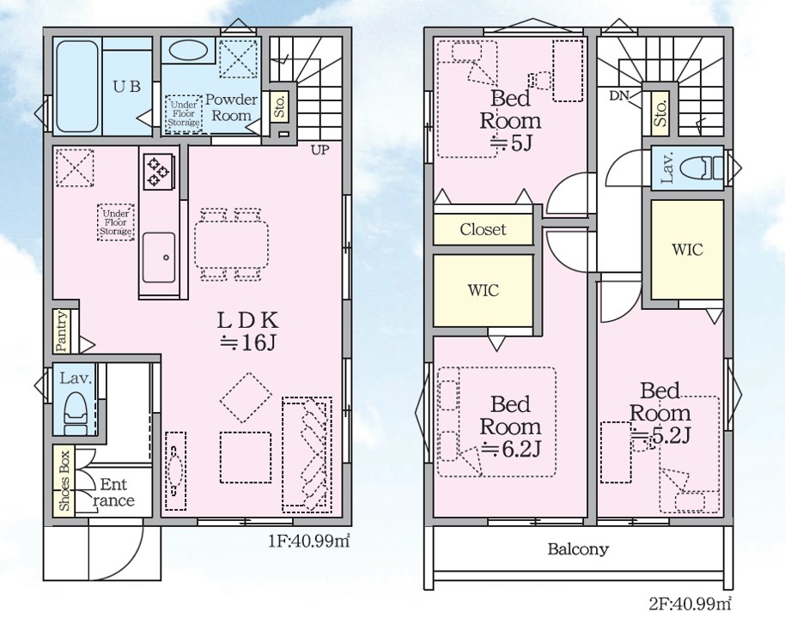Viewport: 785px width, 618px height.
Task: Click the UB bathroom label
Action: click(x=126, y=87)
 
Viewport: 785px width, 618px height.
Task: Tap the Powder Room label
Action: click(x=231, y=107)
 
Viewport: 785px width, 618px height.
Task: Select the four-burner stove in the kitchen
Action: click(x=159, y=173)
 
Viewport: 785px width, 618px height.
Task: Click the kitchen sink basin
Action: click(x=159, y=257)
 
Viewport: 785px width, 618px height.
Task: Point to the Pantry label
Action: click(x=62, y=330)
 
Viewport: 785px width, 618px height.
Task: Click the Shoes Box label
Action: click(x=64, y=481)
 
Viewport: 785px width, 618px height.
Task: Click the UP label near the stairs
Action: click(x=319, y=149)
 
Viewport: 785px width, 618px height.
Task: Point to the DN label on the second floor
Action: click(x=619, y=95)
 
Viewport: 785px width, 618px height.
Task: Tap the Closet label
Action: click(x=483, y=230)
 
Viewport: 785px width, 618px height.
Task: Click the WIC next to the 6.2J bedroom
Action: click(x=484, y=290)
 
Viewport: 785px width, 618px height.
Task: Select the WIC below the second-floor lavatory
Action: click(x=687, y=249)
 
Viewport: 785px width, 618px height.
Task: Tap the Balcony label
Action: click(x=578, y=549)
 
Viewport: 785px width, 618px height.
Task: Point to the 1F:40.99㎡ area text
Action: click(x=309, y=541)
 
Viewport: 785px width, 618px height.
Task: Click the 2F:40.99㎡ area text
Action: click(x=691, y=604)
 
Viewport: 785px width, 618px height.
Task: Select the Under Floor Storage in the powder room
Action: click(x=183, y=114)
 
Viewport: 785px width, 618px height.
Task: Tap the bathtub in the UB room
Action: click(x=76, y=87)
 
